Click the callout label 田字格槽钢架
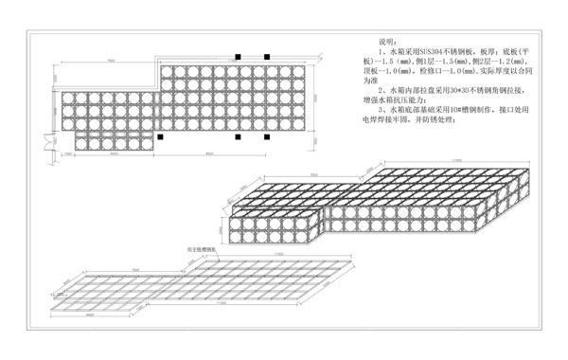point(201,251)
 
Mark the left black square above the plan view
point(240,57)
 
